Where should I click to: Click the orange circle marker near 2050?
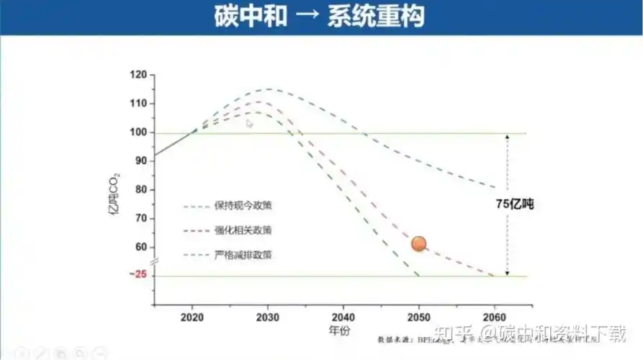pos(419,244)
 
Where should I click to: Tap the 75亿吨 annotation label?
pos(513,204)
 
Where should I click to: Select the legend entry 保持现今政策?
pos(243,206)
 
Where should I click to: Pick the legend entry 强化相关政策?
pos(243,230)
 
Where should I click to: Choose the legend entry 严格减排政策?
pos(243,255)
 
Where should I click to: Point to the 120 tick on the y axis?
pos(138,75)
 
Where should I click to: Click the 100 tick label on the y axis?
pos(138,132)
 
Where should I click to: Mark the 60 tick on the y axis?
pos(140,247)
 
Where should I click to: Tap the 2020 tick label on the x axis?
pos(192,317)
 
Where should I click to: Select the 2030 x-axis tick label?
pos(268,317)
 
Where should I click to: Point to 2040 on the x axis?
pos(343,317)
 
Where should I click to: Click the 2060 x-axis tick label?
pos(495,317)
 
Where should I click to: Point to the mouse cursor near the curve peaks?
pos(249,123)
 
